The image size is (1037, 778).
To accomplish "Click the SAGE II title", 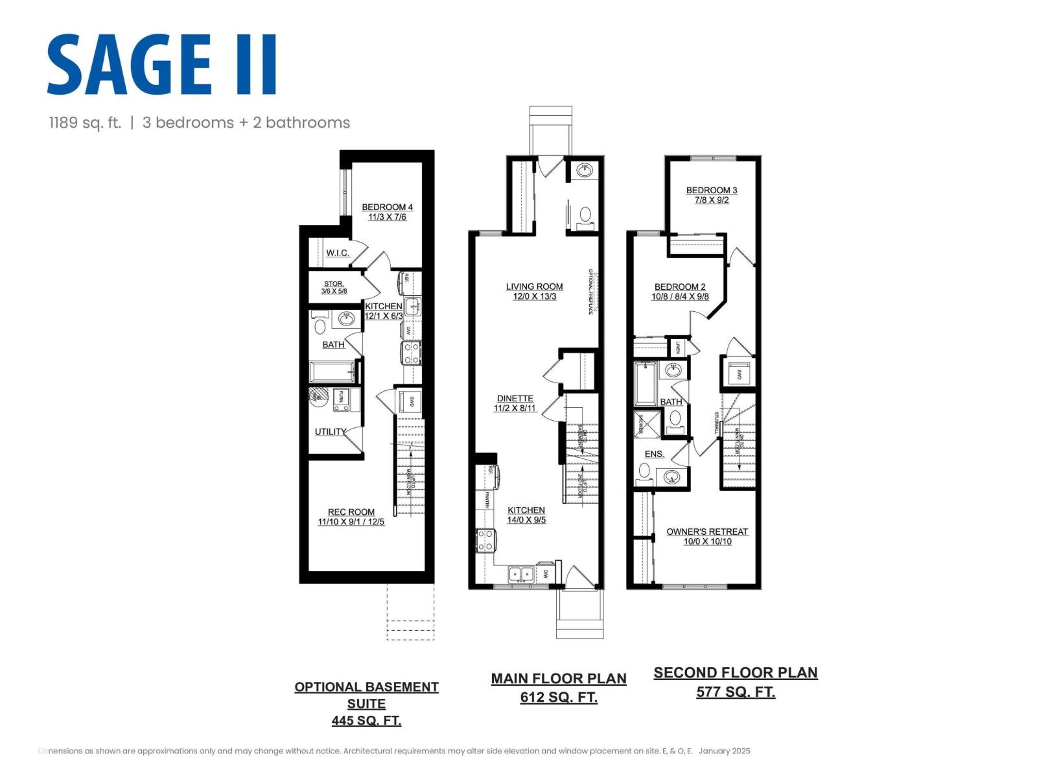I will click(162, 65).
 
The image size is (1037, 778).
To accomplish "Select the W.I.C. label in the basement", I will click(337, 253).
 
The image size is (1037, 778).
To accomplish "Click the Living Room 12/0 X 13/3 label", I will click(534, 291).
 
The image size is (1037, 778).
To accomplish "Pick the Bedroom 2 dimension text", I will click(680, 297).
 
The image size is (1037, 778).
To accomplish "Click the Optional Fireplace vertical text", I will click(590, 292).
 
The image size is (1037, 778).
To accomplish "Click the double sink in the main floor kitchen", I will click(520, 574).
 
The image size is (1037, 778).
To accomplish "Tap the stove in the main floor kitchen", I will click(485, 540).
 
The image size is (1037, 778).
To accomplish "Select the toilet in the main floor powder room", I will click(585, 216).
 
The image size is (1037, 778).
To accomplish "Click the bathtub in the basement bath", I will click(332, 373).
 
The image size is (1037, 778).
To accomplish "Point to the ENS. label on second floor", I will click(654, 454).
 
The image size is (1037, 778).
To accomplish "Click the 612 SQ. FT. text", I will click(559, 698).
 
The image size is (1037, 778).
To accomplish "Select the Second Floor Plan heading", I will click(735, 673).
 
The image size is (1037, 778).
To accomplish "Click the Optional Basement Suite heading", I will click(366, 695).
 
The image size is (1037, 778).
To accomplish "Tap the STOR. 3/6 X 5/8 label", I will click(334, 288).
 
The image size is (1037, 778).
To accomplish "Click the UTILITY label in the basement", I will click(330, 432).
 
